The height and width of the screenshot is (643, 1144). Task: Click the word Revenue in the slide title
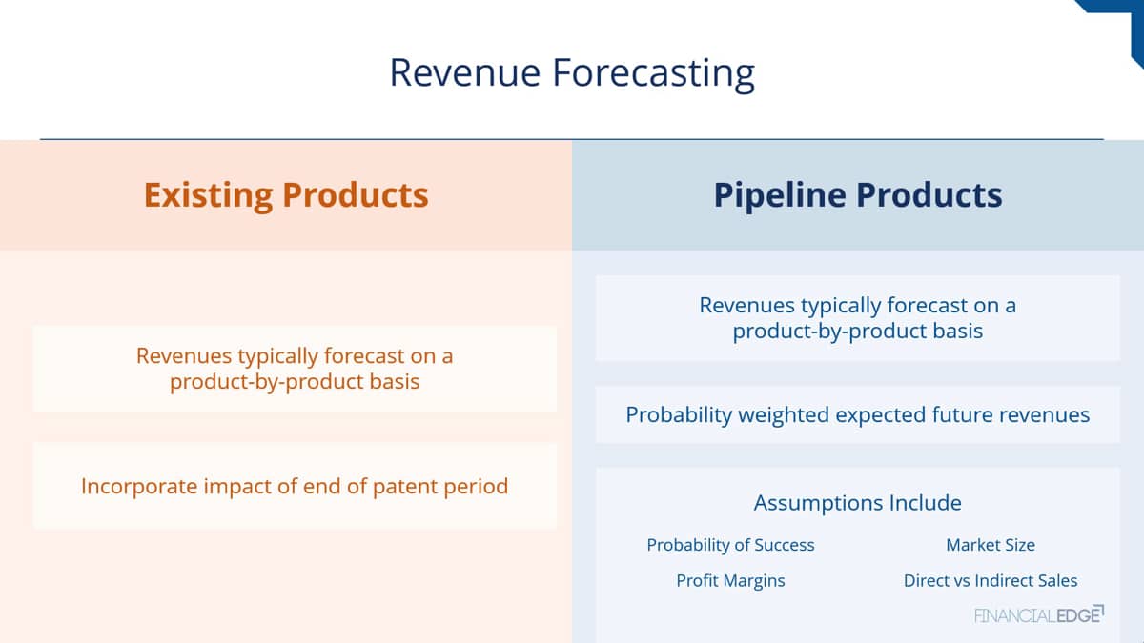[465, 72]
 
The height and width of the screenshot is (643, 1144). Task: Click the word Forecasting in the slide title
[654, 74]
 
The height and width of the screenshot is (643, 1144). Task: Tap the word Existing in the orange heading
[209, 196]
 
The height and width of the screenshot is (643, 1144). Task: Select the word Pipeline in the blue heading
[780, 196]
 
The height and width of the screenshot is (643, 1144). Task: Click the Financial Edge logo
[1039, 615]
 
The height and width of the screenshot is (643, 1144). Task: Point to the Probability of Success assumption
[730, 546]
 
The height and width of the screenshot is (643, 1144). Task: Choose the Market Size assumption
[991, 545]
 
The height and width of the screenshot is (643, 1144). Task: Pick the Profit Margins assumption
[730, 581]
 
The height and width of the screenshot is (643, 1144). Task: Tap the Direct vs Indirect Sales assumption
[991, 581]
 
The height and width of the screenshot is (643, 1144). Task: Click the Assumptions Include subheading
[857, 503]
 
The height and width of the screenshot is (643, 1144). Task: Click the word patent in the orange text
[405, 487]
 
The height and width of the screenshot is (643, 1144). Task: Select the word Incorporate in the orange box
[139, 487]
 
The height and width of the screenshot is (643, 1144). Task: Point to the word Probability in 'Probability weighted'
[679, 415]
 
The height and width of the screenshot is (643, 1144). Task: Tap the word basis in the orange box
[395, 382]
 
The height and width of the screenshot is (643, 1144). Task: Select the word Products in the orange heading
[355, 195]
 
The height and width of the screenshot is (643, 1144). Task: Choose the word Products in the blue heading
[929, 195]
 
